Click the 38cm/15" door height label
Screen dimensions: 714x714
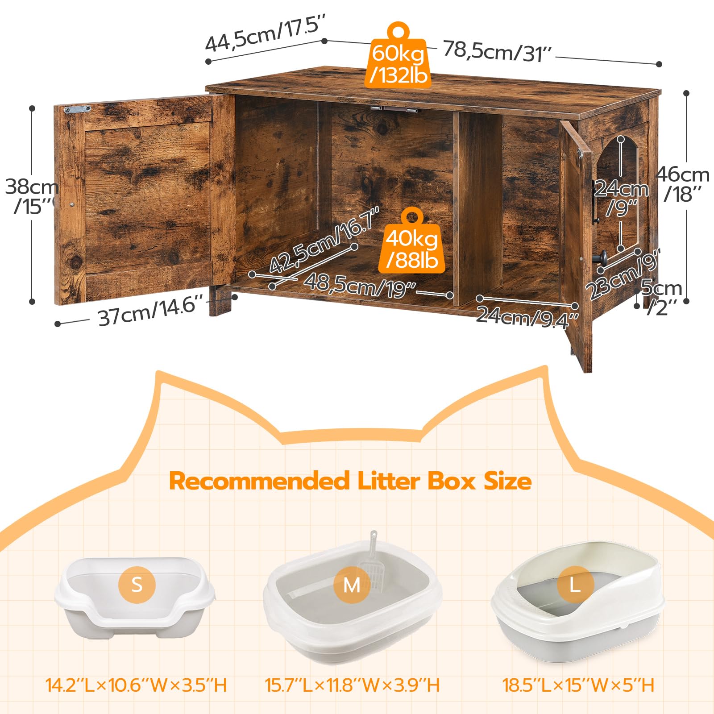point(31,196)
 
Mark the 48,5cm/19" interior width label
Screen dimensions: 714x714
point(360,285)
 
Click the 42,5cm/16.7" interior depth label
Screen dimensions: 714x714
point(324,241)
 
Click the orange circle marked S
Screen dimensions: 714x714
point(137,584)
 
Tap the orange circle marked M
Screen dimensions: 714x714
point(352,585)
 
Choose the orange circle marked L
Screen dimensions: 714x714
point(575,584)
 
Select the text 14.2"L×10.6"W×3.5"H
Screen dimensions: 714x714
point(137,685)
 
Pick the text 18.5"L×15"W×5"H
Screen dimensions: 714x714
point(578,685)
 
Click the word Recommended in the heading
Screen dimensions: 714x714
point(259,481)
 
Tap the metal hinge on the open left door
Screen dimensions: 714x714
point(77,109)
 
